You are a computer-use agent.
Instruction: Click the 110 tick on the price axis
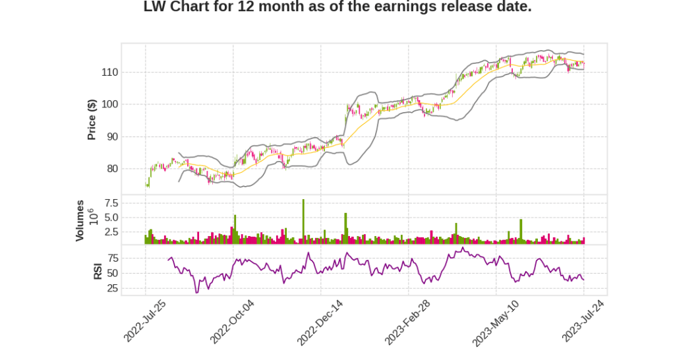[109, 73]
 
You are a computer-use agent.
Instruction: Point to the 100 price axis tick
[109, 104]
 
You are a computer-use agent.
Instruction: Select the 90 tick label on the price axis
[111, 137]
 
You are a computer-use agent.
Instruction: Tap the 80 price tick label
[111, 169]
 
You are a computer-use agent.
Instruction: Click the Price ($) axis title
[92, 119]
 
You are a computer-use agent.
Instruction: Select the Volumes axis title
[80, 220]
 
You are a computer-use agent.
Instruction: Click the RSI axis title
[98, 270]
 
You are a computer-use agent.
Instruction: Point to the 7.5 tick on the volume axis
[111, 202]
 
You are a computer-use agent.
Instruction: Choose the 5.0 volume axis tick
[111, 218]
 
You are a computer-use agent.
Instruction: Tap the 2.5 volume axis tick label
[111, 232]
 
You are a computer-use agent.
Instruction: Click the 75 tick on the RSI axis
[113, 258]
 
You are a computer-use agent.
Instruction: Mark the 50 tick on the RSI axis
[113, 273]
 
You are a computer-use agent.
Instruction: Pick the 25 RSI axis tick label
[113, 288]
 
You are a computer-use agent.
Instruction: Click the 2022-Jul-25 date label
[144, 321]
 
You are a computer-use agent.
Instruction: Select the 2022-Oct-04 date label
[232, 321]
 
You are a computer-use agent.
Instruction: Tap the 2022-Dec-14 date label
[320, 321]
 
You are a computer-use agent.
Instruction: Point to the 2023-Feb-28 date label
[407, 321]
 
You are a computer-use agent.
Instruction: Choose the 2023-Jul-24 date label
[583, 321]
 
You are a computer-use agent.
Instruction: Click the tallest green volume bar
[303, 222]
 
